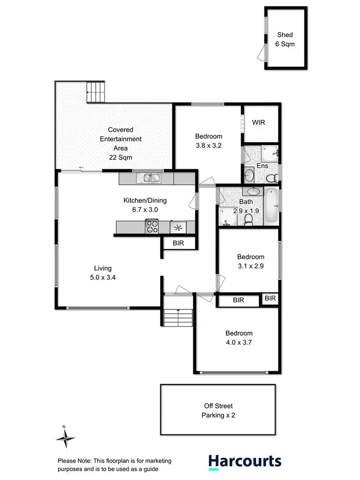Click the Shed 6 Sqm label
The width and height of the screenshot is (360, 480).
(285, 39)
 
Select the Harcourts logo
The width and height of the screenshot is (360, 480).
(245, 461)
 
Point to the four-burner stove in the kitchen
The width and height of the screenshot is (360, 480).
(152, 227)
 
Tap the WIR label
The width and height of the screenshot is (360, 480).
(258, 122)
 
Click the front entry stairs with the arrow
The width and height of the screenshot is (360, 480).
(178, 317)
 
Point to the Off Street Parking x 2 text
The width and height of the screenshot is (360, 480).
(218, 410)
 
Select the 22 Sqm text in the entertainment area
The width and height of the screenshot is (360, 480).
(120, 157)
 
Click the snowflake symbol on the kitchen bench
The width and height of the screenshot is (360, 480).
(178, 227)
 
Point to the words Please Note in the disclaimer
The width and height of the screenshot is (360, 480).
(73, 459)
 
